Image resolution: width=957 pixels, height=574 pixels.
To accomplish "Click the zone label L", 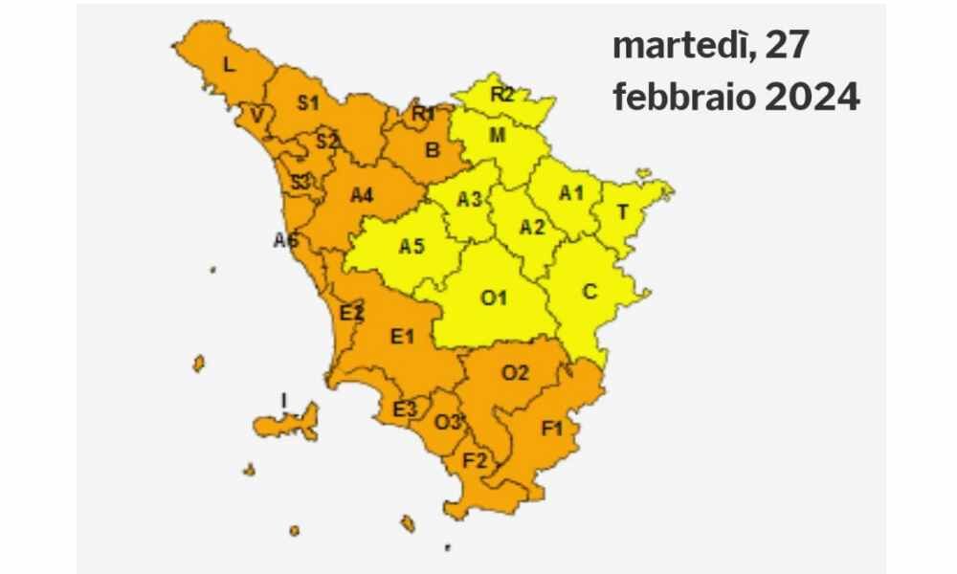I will [228, 66].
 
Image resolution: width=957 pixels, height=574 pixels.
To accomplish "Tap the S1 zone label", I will [307, 103].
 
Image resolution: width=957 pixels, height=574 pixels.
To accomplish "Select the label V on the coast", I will [256, 117].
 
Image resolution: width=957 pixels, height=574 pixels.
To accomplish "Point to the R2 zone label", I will [502, 95].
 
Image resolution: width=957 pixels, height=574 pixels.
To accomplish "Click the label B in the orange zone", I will [432, 149].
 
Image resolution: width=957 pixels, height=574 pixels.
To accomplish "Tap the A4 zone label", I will [361, 196].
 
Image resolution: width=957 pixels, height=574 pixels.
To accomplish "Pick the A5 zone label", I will [412, 247].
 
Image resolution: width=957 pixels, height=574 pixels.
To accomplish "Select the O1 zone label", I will [493, 298].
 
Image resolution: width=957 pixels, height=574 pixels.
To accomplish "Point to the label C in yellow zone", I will [590, 292].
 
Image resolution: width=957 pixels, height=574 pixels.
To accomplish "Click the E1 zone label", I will [402, 335].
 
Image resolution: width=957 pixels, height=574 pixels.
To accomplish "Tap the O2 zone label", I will [515, 374].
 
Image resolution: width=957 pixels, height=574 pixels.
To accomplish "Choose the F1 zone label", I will [551, 429].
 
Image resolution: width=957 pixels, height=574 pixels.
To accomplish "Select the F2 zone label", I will [476, 460].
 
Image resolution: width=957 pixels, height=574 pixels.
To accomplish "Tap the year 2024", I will [812, 98].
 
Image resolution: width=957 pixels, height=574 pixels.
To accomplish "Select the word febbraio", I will [683, 98].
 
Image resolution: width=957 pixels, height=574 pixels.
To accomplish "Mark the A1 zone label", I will [571, 192].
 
